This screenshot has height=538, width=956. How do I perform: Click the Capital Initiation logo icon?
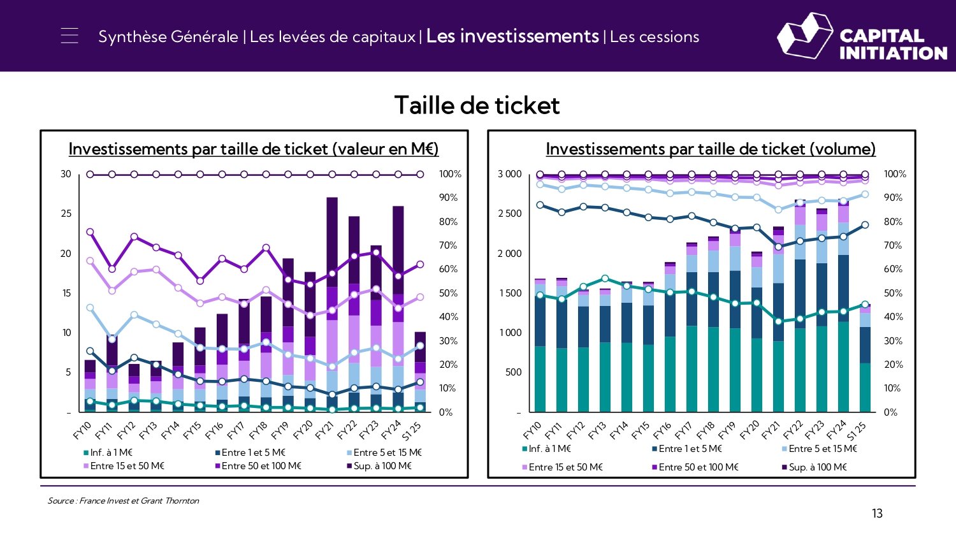804,36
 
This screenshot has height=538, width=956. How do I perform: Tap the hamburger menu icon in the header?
69,36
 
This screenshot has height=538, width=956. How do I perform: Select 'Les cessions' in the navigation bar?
655,37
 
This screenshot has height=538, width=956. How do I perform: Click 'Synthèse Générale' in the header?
168,37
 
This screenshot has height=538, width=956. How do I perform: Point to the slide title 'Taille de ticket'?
477,105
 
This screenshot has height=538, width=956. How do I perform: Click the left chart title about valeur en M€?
254,149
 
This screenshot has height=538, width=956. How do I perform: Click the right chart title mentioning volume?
711,149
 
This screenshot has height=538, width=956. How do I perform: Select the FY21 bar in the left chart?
332,306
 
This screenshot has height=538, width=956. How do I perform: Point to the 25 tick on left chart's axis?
66,214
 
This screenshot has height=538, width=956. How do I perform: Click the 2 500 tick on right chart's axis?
509,214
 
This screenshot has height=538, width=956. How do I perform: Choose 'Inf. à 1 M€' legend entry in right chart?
549,449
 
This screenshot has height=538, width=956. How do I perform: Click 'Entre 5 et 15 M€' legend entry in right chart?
822,449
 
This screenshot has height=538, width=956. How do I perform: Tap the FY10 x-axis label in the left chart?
83,431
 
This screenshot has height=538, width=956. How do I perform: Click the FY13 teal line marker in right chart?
605,279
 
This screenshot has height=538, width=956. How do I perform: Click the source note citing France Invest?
123,501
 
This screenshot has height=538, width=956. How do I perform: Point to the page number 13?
877,514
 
